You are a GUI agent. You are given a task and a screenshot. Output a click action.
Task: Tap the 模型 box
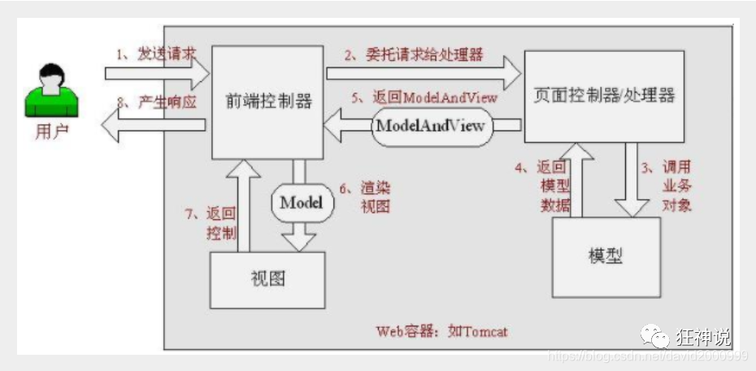(x=604, y=257)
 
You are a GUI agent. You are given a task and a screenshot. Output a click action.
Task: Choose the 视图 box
(x=267, y=279)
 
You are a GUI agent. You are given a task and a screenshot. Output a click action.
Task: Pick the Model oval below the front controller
(x=302, y=203)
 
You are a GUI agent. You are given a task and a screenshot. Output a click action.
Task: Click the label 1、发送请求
(x=156, y=54)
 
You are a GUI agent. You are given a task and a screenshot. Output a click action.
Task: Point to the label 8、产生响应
(x=156, y=103)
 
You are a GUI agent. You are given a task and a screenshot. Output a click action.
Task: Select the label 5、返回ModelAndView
(x=424, y=96)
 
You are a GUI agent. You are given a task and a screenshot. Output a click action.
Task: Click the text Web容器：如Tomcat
(x=443, y=331)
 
